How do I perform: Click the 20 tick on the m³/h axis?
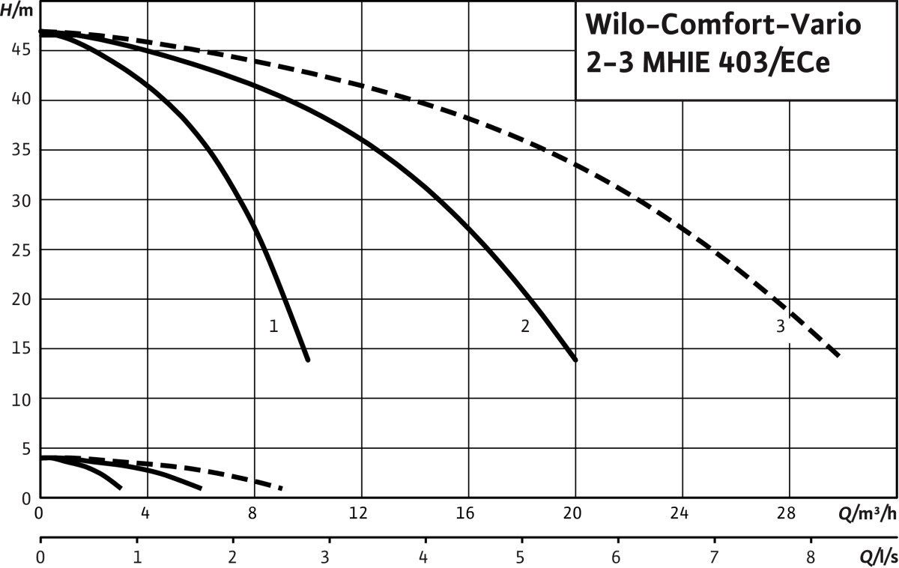572,514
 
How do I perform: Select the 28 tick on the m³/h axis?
786,514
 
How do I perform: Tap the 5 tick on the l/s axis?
520,558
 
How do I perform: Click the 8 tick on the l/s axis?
810,558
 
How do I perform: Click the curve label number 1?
273,326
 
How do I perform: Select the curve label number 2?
525,326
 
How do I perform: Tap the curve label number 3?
781,326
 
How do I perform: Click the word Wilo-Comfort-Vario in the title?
723,25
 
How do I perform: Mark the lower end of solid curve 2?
575,360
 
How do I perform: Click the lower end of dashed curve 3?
838,354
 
